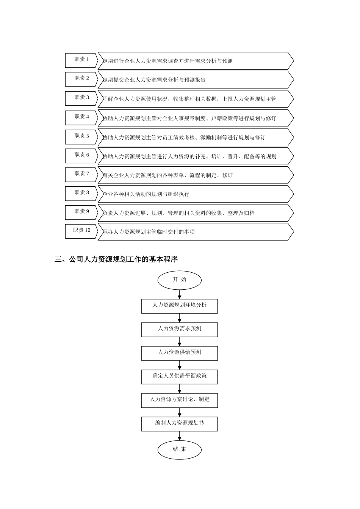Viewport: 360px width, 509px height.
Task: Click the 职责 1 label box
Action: (81, 60)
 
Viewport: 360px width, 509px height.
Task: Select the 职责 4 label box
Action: (81, 117)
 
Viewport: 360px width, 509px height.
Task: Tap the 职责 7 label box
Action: (81, 174)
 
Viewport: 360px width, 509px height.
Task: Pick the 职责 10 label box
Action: (81, 231)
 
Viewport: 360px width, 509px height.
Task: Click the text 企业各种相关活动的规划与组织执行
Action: (146, 194)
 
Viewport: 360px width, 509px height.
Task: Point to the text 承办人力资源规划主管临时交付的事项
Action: (149, 232)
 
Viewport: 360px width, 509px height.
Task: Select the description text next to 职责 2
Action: (155, 80)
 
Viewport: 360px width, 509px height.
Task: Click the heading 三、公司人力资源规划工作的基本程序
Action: (116, 259)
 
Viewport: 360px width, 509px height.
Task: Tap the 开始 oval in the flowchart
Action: (180, 280)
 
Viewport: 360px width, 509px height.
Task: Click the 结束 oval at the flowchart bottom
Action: (180, 450)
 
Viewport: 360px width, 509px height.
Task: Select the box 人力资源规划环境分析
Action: (180, 306)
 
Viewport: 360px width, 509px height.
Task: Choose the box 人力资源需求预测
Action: (180, 329)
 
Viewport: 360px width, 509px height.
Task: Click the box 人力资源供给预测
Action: (180, 353)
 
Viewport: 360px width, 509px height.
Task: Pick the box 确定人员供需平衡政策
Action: (180, 376)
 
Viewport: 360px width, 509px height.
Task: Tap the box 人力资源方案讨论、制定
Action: (180, 400)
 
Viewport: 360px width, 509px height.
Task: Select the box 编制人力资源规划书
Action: (180, 423)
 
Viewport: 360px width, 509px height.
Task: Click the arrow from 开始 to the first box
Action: (180, 295)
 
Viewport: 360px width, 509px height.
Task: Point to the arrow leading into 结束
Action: (180, 436)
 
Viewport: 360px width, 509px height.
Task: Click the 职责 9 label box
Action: (81, 212)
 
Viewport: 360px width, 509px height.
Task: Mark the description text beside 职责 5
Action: (184, 137)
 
